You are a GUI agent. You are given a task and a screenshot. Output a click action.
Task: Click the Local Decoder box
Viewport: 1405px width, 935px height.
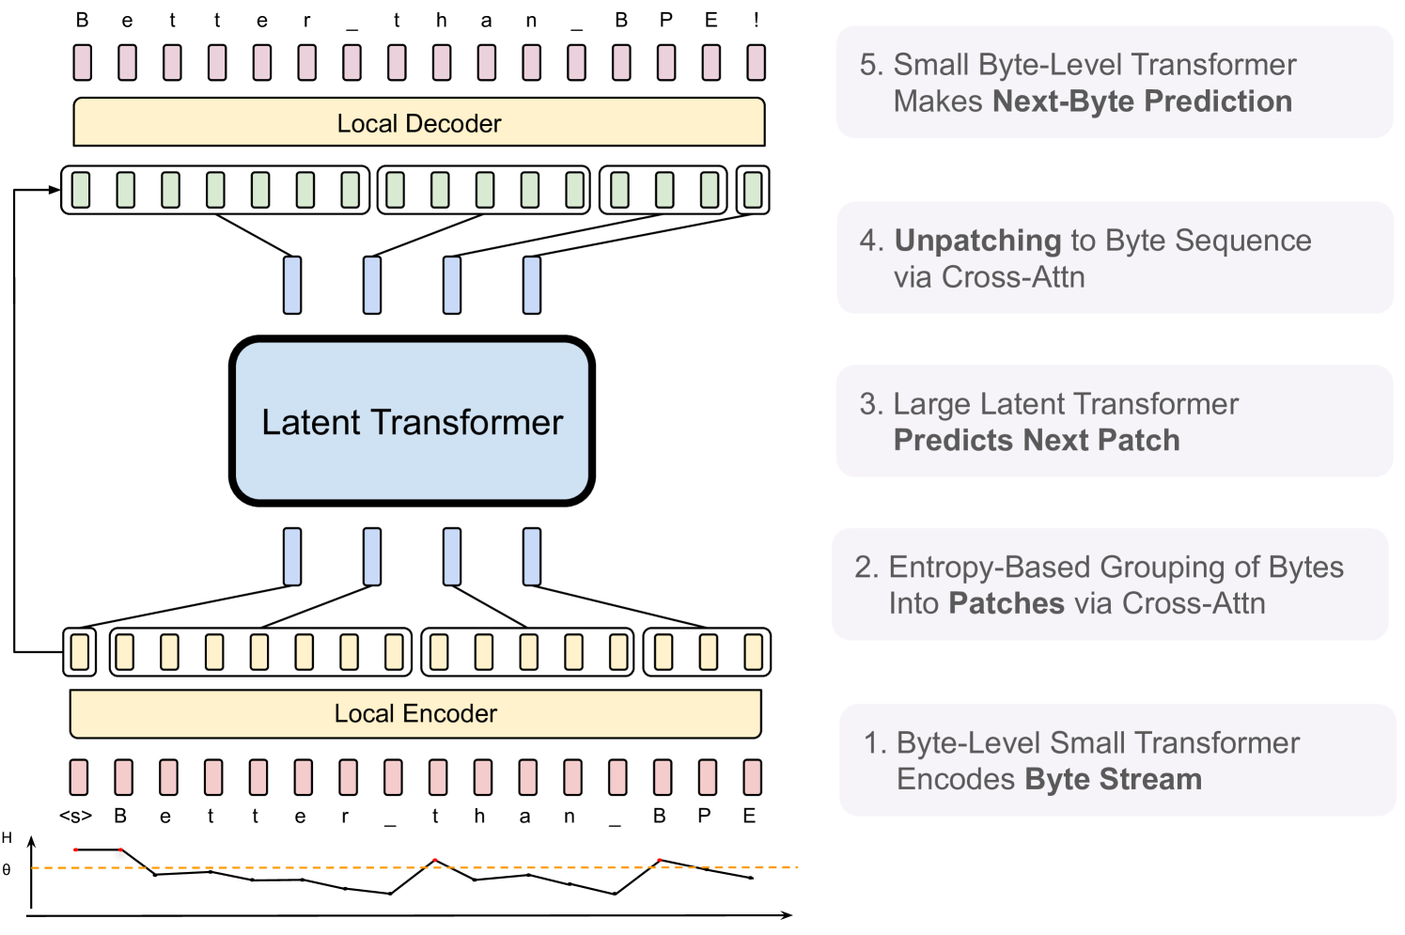[419, 122]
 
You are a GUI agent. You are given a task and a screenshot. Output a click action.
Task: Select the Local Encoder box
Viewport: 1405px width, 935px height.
[415, 714]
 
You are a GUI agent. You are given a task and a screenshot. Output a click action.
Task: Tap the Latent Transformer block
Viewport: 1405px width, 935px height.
[412, 421]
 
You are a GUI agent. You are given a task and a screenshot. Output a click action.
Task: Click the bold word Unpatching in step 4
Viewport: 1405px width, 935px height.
[977, 241]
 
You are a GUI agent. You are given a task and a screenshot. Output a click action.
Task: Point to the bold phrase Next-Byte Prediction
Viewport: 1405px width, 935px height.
[1142, 101]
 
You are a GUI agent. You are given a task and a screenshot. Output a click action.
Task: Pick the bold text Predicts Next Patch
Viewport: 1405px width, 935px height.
[1037, 440]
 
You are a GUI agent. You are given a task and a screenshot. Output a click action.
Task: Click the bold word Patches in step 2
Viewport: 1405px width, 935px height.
[1007, 603]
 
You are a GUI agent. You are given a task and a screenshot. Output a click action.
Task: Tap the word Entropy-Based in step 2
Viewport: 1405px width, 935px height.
[990, 568]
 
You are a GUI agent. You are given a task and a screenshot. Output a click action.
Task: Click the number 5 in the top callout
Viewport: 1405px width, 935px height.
[870, 65]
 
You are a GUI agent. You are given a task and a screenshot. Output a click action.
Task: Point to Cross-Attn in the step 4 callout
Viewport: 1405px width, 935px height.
[1013, 277]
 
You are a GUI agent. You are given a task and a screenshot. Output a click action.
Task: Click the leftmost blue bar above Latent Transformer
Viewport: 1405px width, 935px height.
[292, 285]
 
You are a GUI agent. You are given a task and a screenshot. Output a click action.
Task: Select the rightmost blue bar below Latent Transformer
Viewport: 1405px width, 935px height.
[532, 556]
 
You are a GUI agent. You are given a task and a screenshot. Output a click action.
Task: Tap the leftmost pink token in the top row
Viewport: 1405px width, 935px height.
[83, 62]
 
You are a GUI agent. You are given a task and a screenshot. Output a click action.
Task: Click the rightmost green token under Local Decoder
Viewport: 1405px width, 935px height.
[753, 190]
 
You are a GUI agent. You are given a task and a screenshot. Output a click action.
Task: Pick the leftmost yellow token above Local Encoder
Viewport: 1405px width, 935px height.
[80, 652]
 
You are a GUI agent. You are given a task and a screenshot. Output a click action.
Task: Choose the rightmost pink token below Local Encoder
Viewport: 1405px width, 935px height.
[752, 778]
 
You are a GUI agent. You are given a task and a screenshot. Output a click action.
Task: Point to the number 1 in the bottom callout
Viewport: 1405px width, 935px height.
[873, 743]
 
